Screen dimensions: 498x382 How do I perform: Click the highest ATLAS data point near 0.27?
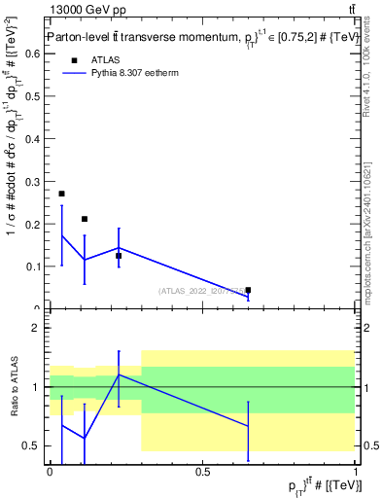click(62, 194)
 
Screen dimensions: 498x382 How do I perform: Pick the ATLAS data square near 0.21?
click(85, 219)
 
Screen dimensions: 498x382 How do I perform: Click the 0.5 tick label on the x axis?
click(202, 472)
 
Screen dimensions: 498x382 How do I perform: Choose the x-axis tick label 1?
click(355, 472)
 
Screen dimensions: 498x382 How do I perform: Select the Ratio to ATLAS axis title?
click(13, 387)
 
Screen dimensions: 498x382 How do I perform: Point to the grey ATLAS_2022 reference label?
click(210, 291)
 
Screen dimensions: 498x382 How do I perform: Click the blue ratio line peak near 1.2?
click(119, 374)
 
